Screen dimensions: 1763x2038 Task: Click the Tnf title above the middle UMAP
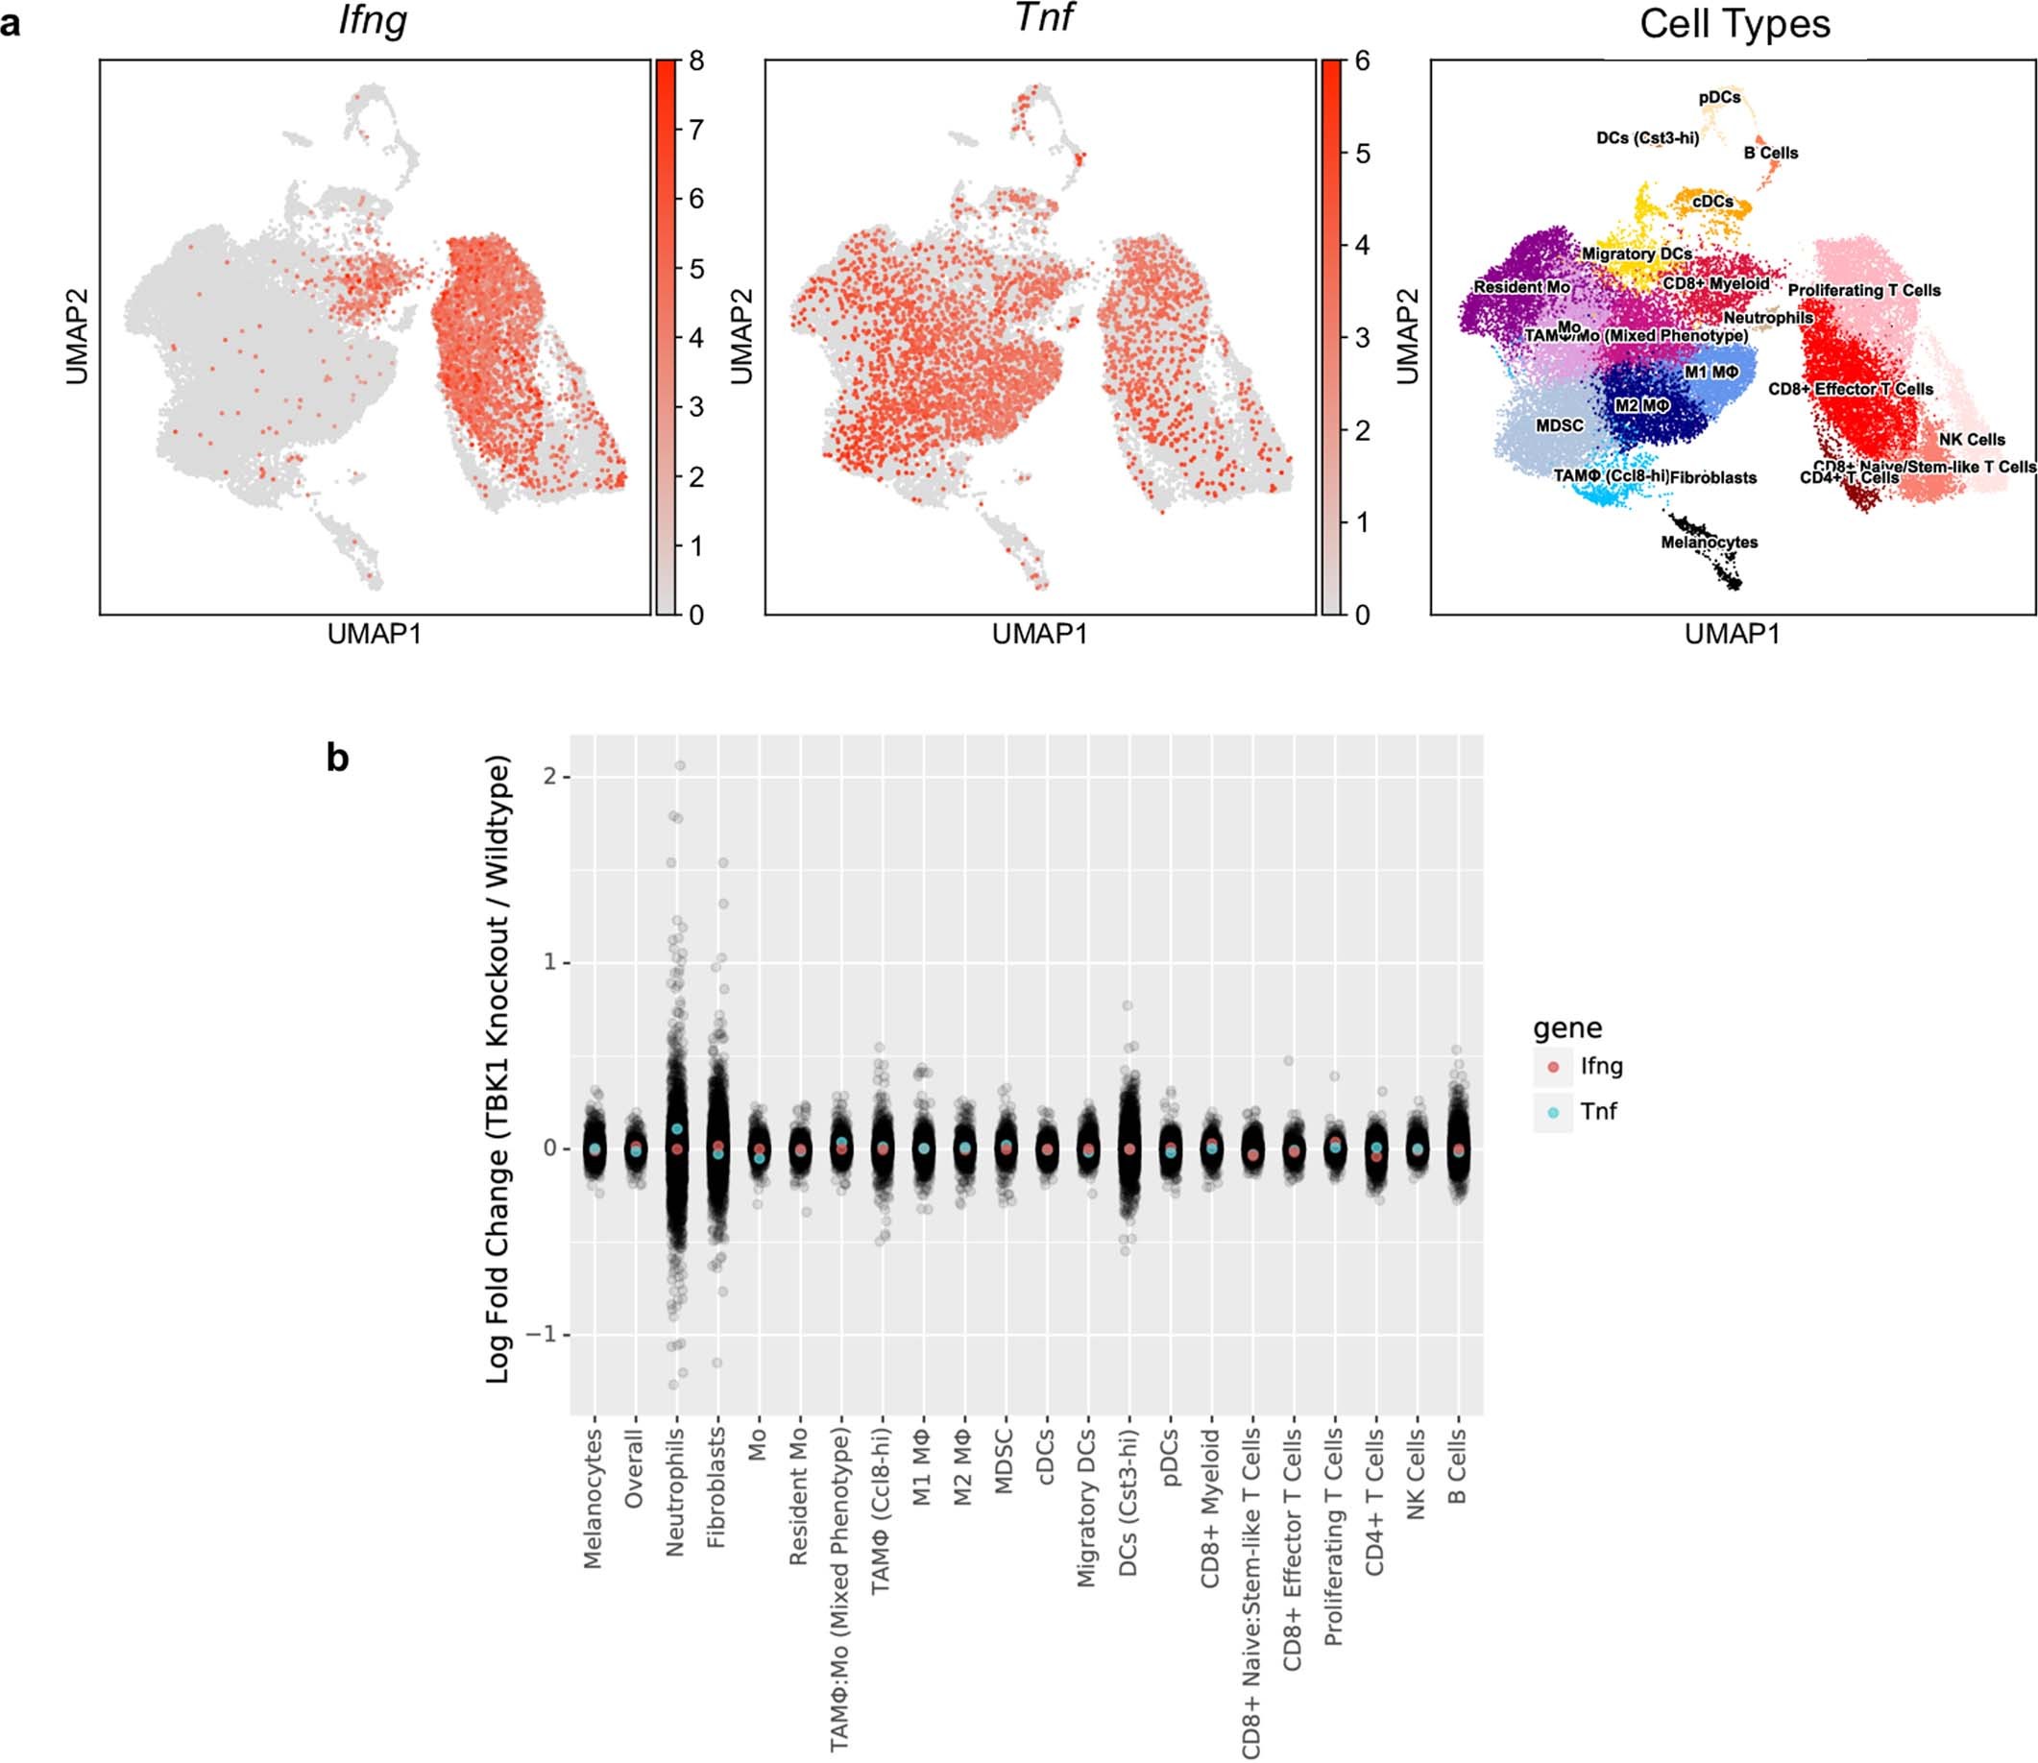(1043, 16)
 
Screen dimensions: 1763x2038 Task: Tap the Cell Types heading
(1734, 24)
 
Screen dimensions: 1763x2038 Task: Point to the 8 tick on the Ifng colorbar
(696, 61)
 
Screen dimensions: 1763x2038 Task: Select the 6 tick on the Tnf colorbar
(1362, 61)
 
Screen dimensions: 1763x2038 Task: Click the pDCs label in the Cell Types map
(1719, 97)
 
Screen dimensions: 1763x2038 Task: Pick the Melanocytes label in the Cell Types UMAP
(1709, 543)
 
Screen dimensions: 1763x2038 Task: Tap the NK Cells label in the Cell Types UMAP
(1971, 440)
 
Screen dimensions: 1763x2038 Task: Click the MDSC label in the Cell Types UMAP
(1560, 426)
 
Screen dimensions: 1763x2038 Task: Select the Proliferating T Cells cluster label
(1864, 290)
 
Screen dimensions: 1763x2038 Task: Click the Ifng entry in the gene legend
(1601, 1066)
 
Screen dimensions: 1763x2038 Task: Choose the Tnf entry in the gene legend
(1598, 1112)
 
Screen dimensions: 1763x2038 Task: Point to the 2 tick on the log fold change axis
(549, 777)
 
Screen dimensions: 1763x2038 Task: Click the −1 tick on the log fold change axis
(543, 1335)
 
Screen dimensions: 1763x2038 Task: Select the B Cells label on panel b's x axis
(1457, 1466)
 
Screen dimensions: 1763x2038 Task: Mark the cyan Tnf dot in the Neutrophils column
(677, 1129)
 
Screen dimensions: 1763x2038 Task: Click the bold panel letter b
(337, 759)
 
